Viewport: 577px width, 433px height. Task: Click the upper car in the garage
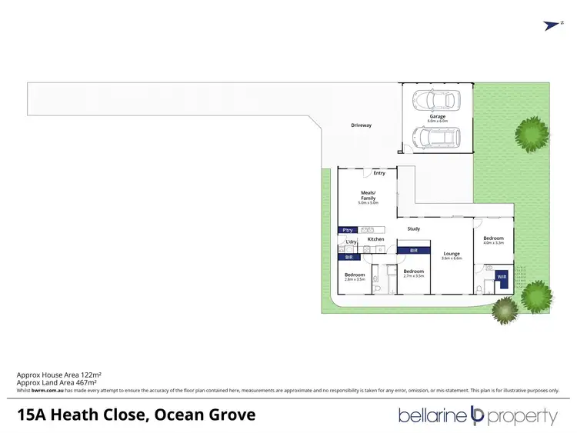(435, 100)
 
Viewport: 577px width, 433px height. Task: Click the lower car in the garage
(435, 138)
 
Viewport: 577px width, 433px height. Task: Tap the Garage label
(437, 117)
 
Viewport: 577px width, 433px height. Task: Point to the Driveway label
(361, 125)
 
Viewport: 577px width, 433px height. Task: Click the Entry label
(379, 173)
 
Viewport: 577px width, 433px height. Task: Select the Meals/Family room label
(368, 195)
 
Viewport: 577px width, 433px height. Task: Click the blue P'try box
(347, 229)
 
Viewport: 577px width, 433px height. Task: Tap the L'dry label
(351, 242)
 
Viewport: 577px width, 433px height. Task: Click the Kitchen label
(375, 239)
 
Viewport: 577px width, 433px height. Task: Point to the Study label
(413, 228)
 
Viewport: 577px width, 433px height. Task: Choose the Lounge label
(452, 253)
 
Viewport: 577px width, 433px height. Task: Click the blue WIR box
(502, 276)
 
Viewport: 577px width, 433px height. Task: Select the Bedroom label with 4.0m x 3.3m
(493, 238)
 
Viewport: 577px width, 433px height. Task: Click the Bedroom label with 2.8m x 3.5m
(355, 275)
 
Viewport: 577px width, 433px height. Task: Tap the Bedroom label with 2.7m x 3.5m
(414, 271)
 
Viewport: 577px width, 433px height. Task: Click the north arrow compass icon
(552, 25)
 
